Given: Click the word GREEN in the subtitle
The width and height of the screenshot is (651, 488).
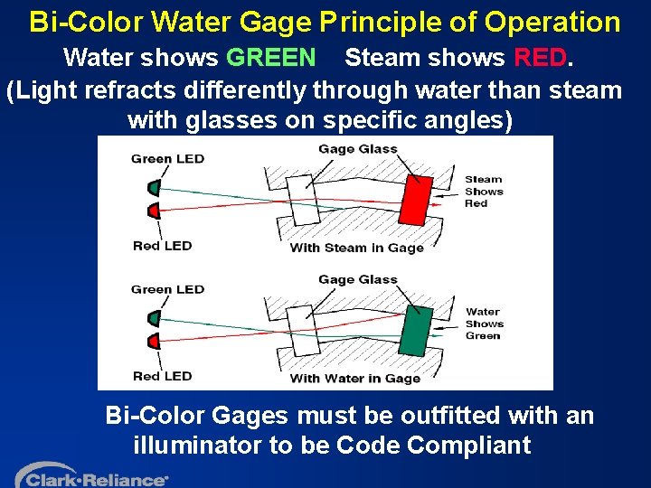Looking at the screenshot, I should click(271, 59).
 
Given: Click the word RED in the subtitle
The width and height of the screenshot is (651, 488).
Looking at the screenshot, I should click(541, 59).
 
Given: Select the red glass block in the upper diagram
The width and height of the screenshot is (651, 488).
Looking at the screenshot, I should click(417, 202).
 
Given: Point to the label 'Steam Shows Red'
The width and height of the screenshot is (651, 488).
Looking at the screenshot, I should click(484, 192).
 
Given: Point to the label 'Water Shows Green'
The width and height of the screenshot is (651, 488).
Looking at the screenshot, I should click(484, 324).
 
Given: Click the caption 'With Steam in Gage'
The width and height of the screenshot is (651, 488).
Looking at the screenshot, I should click(356, 248).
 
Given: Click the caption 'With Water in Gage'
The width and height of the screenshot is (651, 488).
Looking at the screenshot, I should click(355, 379).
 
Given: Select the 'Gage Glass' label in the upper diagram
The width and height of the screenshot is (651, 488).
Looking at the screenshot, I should click(357, 149).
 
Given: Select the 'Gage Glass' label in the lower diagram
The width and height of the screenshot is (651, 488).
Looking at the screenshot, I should click(357, 279).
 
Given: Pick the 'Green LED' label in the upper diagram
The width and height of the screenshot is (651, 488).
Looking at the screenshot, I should click(167, 159).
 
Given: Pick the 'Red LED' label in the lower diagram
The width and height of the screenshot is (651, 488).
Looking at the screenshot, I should click(163, 376).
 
